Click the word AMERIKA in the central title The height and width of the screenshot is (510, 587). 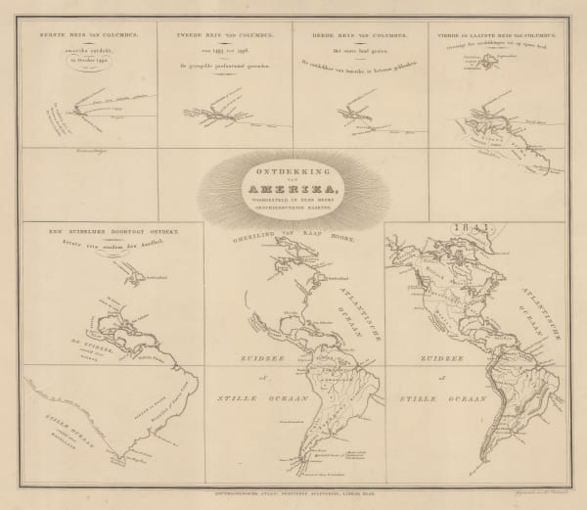293,188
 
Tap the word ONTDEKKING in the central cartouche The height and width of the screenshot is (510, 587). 293,168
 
